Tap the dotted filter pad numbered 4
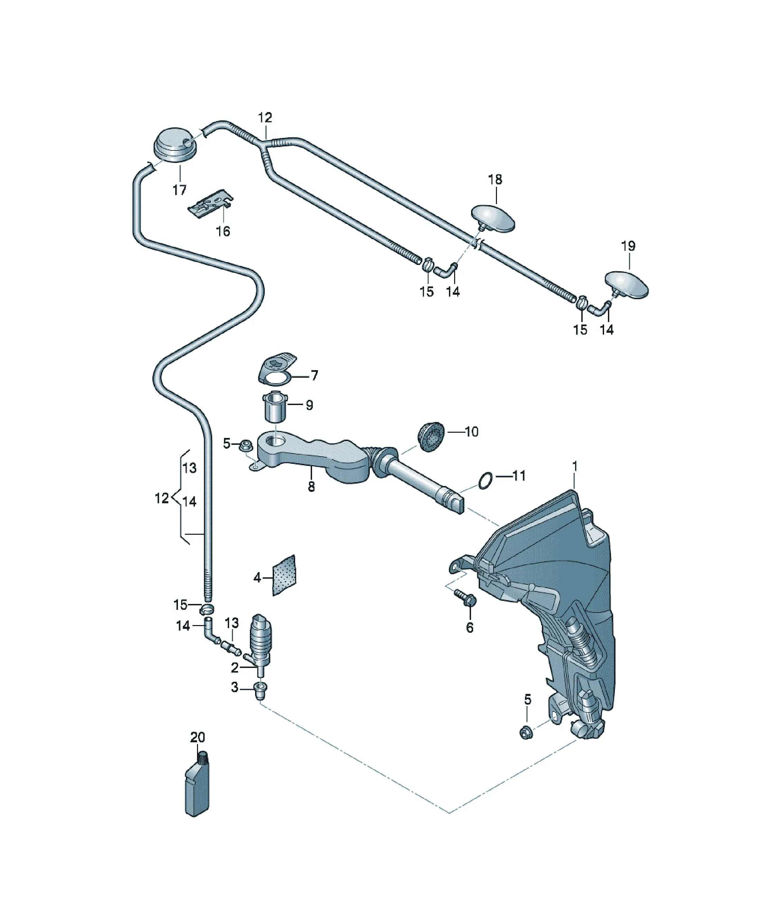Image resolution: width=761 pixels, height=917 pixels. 284,576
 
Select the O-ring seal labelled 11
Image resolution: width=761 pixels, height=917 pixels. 486,481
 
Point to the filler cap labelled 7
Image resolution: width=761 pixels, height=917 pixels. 276,369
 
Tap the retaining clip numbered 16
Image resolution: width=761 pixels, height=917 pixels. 211,203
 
